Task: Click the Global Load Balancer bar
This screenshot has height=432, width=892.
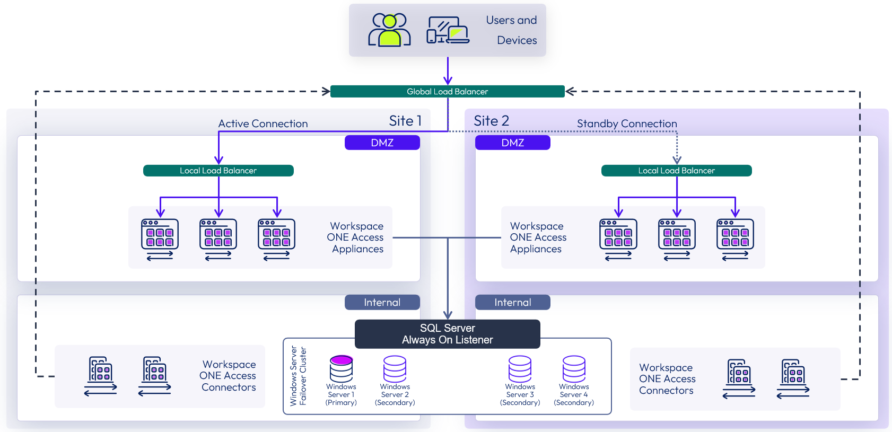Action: point(447,91)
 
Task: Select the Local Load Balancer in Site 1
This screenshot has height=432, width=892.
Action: point(218,171)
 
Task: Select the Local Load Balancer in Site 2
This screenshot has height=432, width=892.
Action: point(676,171)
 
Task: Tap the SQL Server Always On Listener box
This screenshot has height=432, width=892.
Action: point(447,334)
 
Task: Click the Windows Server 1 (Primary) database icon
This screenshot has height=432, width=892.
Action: point(341,368)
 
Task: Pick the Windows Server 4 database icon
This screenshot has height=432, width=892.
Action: point(574,368)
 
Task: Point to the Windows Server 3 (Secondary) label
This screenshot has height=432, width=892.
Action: point(520,395)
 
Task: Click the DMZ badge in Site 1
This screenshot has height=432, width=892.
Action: point(382,143)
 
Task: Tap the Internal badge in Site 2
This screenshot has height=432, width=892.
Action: point(512,302)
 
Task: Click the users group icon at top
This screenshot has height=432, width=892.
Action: point(390,30)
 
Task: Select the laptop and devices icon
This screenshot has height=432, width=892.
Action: point(448,30)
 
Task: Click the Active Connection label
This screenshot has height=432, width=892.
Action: point(263,124)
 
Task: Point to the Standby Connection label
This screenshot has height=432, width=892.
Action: point(627,124)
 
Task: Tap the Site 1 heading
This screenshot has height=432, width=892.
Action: point(405,121)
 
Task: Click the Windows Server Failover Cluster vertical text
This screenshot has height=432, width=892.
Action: point(298,376)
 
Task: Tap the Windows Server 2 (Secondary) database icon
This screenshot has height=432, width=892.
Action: point(395,368)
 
